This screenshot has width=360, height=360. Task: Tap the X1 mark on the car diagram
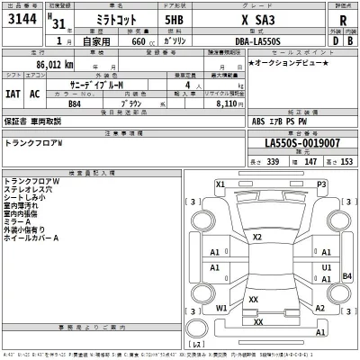(x=220, y=184)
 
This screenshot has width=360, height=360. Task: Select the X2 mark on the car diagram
(x=257, y=237)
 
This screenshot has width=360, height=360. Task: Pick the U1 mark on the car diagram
(x=327, y=267)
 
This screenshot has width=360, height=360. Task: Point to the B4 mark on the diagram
(x=346, y=276)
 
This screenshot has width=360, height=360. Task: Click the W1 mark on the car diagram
(x=221, y=307)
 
